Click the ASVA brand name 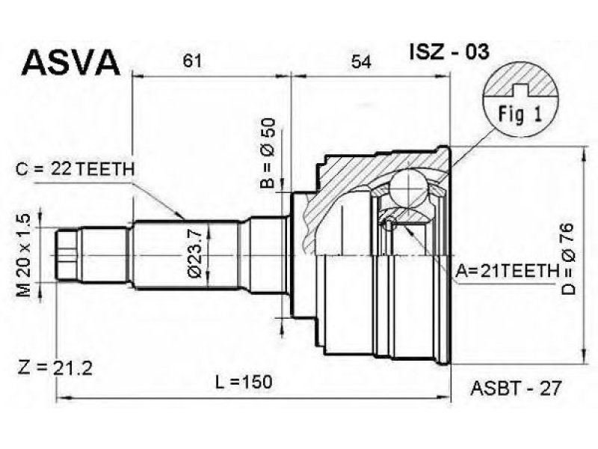tap(71, 61)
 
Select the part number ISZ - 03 tap(449, 52)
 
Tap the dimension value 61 tap(192, 61)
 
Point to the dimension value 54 tap(361, 61)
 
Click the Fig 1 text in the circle tap(520, 114)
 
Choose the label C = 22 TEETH tap(75, 169)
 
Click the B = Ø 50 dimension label tap(268, 153)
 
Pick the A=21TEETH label tap(508, 271)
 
